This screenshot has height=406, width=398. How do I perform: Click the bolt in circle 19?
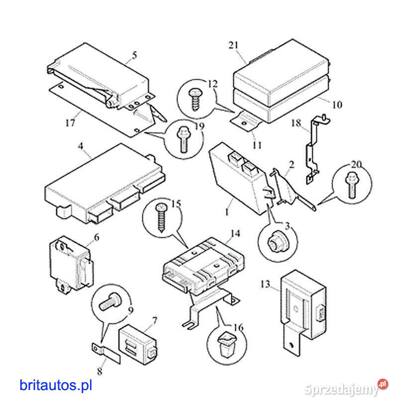(183, 138)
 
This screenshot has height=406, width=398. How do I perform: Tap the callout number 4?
(80, 147)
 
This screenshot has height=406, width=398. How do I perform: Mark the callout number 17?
(70, 122)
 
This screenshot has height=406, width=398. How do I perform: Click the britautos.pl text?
(56, 385)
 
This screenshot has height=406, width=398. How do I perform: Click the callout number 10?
(337, 105)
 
